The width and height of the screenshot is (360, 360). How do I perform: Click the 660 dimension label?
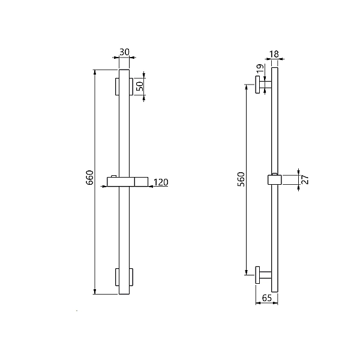(x=89, y=177)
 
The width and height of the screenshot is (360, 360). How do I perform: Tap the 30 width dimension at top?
(x=124, y=52)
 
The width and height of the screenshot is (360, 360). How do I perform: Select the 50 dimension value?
(x=140, y=86)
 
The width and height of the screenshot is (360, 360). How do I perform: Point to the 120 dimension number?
(x=161, y=182)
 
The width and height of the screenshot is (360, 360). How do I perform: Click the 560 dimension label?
(x=241, y=179)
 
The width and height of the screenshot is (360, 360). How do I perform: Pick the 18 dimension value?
(x=274, y=54)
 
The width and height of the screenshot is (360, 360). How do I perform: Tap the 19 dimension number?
(x=260, y=68)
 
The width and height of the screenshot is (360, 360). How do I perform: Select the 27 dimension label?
(x=305, y=179)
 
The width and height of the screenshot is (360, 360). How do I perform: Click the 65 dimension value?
(x=267, y=298)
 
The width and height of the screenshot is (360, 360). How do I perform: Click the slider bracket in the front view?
(x=127, y=182)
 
